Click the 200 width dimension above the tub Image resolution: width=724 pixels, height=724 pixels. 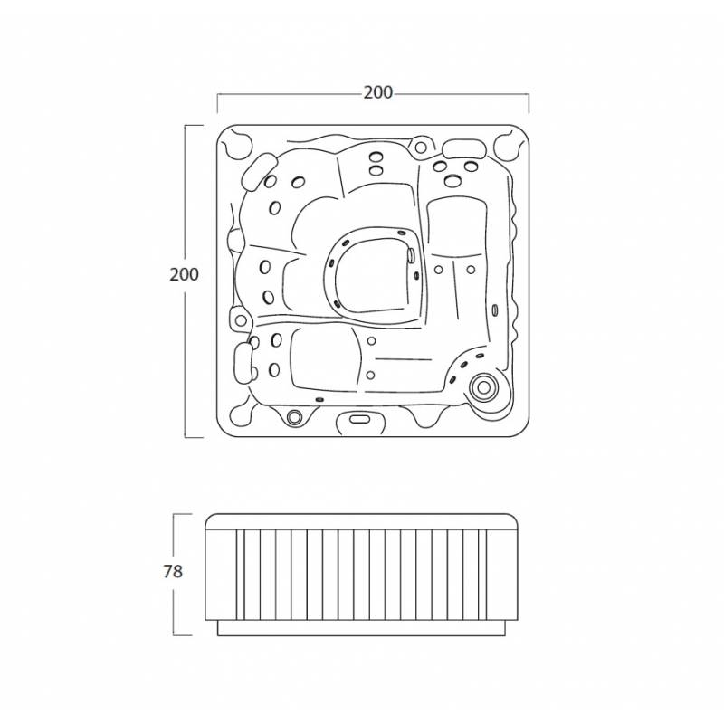377,93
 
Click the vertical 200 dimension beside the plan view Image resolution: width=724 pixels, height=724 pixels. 185,275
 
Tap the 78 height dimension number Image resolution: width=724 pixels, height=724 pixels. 173,572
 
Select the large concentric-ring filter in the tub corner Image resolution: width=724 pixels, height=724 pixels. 483,387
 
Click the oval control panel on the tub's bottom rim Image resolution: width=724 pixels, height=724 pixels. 360,419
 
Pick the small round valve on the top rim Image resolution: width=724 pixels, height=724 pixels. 421,148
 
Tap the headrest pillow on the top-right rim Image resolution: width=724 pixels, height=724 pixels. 464,148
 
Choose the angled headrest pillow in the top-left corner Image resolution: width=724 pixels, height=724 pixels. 260,172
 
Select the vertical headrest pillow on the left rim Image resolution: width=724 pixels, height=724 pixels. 243,363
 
